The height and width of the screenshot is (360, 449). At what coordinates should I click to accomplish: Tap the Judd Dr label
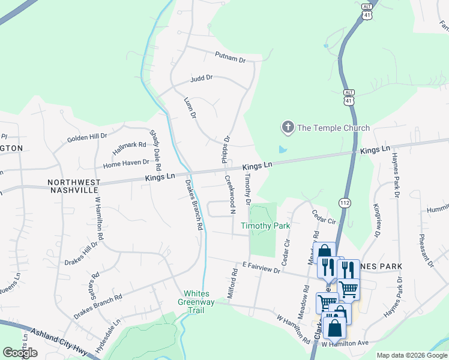[202, 78]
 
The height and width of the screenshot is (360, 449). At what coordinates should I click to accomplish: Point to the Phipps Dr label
[227, 148]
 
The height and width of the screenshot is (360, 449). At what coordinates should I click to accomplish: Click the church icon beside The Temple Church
[288, 127]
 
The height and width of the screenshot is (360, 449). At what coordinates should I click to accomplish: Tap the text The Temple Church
[334, 128]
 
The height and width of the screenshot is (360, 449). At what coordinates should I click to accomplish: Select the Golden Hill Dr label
[86, 137]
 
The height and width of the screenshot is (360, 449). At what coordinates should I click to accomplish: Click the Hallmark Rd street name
[130, 145]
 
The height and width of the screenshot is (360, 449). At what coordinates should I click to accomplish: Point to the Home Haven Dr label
[126, 163]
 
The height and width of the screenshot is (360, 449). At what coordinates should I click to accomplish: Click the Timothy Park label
[265, 226]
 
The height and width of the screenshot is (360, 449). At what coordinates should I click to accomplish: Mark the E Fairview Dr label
[262, 268]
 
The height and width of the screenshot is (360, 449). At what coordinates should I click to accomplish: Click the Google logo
[20, 353]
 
